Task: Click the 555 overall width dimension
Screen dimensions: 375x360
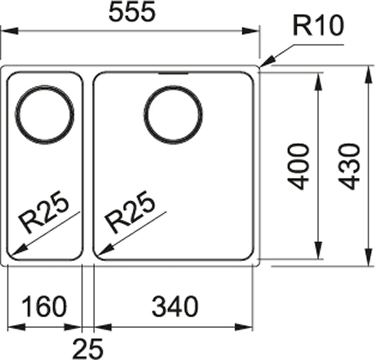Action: [x=131, y=13]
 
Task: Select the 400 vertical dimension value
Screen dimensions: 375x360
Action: [x=299, y=166]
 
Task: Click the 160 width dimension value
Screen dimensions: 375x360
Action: [x=45, y=307]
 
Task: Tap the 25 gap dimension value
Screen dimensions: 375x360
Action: [x=88, y=347]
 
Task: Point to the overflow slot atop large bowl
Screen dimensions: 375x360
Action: [x=174, y=73]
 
